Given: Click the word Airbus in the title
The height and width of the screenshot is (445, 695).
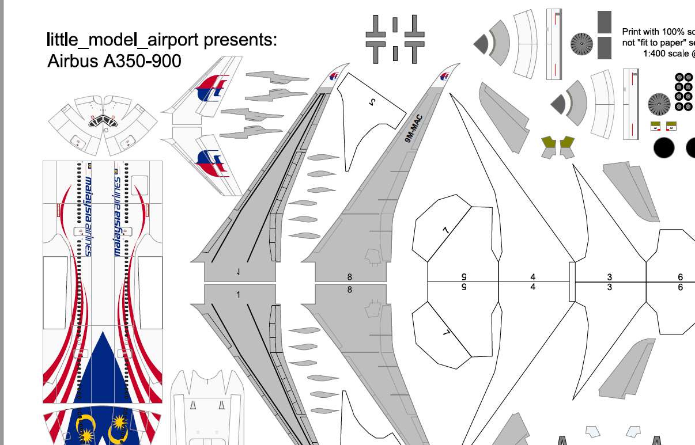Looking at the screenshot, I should (73, 60).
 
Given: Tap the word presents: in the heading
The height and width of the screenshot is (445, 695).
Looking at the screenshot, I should (240, 40).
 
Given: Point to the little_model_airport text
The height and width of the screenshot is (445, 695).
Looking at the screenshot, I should (122, 40).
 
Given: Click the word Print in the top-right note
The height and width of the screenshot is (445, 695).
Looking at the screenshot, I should (632, 32).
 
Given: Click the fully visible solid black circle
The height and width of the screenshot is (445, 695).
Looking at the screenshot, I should (664, 148).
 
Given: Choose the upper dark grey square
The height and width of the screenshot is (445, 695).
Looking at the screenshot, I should (605, 22).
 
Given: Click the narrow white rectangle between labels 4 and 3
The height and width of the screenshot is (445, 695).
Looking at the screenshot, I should (572, 282).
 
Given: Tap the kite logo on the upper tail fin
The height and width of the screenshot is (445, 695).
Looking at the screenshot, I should (211, 88).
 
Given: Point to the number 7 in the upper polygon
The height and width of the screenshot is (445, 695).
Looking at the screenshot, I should (445, 230).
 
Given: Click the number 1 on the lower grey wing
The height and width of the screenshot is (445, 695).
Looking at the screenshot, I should (238, 294).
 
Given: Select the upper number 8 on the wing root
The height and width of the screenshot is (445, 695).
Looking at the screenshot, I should (349, 277).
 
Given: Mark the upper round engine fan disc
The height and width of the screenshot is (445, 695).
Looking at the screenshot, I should (581, 44).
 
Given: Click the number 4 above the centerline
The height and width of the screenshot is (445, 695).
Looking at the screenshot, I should (533, 277).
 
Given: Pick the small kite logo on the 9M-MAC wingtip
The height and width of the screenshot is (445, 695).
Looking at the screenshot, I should (444, 77).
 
